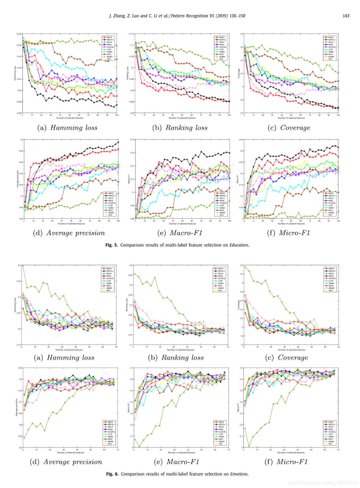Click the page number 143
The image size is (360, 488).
(346, 16)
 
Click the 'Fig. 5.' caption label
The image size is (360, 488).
(111, 245)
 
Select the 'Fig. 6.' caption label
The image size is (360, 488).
(112, 474)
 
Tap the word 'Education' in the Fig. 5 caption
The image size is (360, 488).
(239, 245)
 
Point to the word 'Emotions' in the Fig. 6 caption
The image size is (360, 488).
(239, 474)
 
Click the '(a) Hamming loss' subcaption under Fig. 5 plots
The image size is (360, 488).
(68, 128)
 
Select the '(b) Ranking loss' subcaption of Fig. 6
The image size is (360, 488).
(176, 358)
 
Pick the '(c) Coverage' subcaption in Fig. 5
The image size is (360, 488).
(289, 128)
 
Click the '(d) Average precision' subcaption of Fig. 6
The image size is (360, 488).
(66, 462)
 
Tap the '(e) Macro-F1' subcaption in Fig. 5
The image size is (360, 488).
(180, 233)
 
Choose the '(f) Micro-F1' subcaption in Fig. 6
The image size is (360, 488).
(286, 462)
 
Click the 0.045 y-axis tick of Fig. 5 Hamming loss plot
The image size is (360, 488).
(19, 34)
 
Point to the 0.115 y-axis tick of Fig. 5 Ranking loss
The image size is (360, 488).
(132, 34)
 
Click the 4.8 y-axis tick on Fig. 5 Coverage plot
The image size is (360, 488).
(242, 34)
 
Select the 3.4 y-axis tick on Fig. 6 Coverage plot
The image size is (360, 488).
(242, 265)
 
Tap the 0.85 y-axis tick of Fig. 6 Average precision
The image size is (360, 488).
(20, 368)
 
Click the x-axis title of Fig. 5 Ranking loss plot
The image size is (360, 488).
(182, 118)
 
